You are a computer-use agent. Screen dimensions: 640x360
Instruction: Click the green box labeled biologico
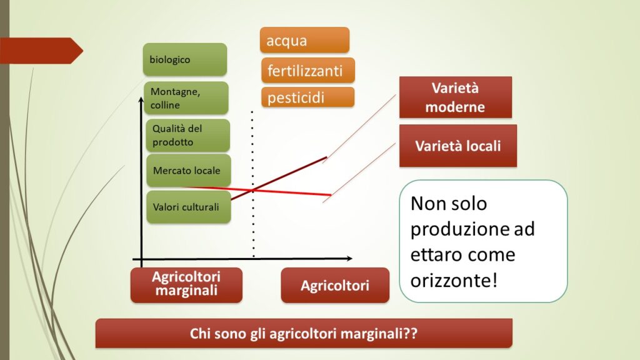coord(185,59)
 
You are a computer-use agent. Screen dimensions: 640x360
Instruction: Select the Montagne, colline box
coord(186,98)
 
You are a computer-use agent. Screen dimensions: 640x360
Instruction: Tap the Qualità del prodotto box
coord(187,135)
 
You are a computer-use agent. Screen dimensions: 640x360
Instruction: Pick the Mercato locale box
coord(189,170)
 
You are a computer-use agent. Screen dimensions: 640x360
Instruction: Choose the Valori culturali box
coord(189,207)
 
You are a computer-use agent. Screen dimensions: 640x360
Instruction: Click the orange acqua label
coord(304,40)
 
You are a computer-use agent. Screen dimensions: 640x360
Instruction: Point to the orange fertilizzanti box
coord(308,71)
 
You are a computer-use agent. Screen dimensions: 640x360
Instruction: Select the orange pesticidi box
coord(307,97)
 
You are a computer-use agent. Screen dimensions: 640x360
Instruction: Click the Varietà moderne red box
coord(456,97)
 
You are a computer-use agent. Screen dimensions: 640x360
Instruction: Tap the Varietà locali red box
coord(458,146)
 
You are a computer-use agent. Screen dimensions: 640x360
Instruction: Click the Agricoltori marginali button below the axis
coord(186,285)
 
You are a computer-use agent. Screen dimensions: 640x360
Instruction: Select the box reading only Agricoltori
coord(335,285)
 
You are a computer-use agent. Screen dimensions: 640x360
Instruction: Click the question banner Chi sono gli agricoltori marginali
coord(304,333)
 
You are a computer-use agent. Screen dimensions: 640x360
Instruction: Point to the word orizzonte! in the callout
coord(454,281)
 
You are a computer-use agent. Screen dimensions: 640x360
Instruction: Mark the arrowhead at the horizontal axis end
coord(349,258)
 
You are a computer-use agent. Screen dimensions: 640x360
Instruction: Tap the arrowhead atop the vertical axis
coord(141,99)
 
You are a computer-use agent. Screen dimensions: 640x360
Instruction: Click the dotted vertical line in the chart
coord(252,184)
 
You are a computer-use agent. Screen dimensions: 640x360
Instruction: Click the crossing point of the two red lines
coord(253,190)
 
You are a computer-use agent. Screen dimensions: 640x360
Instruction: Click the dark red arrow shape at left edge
coord(41,51)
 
